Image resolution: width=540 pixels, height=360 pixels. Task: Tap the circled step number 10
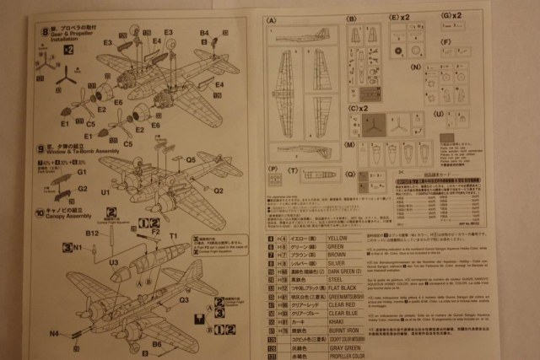pyautogui.click(x=40, y=213)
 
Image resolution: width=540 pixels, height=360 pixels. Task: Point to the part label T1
pyautogui.click(x=173, y=235)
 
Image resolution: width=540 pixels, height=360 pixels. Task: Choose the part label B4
pyautogui.click(x=204, y=33)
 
